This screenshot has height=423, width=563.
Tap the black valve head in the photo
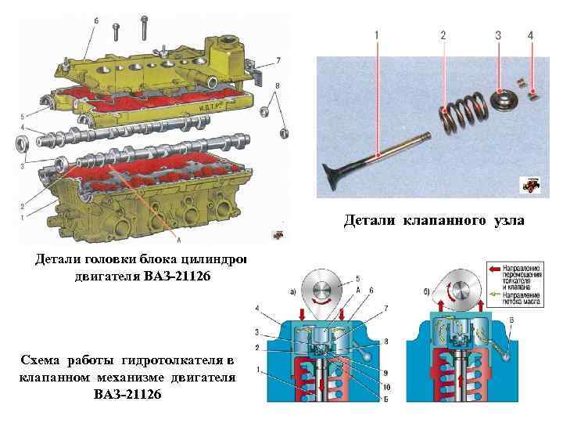337,170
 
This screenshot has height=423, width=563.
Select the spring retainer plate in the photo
500,100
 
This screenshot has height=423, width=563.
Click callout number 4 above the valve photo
531,36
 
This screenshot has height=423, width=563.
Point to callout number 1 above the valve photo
378,36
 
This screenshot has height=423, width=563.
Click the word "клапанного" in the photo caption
437,222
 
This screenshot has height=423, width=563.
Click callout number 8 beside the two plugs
278,85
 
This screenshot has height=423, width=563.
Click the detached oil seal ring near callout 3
23,144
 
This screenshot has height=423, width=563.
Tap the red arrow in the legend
494,267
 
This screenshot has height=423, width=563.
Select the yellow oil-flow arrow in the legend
494,296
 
